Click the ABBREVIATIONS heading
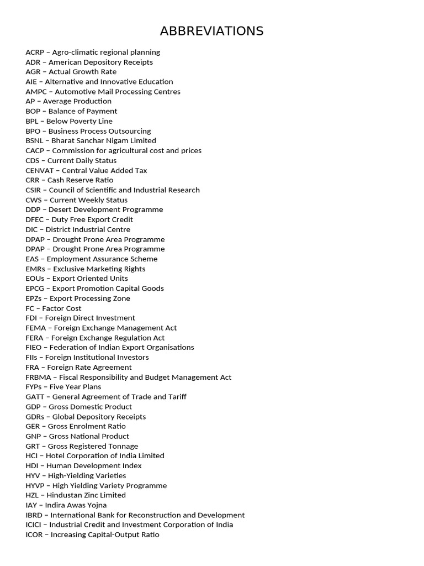211,31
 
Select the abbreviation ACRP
35,52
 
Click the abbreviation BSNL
35,140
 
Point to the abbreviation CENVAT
40,170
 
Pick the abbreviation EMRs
35,269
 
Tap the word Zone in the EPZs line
121,298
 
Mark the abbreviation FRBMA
38,377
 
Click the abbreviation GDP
33,406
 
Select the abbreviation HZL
33,495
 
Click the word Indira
56,505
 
